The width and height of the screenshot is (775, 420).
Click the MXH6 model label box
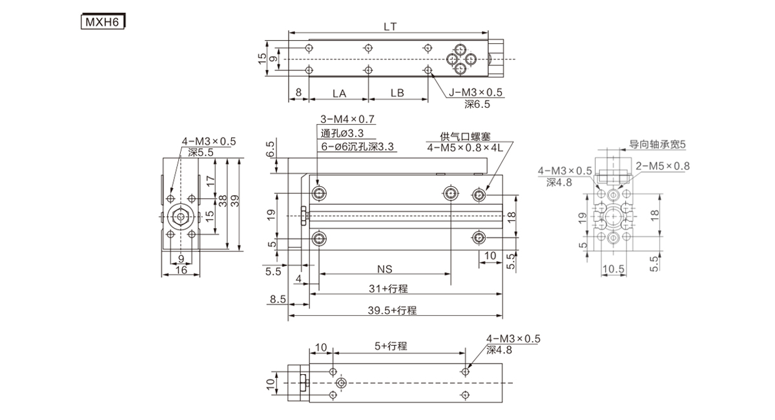(x=103, y=21)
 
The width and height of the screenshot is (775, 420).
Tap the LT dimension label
(x=390, y=26)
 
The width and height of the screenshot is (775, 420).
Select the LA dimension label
(x=339, y=94)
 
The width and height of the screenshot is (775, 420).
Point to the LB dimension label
(x=397, y=93)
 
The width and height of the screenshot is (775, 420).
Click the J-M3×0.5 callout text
(x=475, y=92)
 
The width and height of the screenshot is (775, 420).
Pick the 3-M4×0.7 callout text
(x=347, y=120)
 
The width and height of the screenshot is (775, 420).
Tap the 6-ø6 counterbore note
(x=357, y=147)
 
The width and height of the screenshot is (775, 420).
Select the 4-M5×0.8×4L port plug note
(x=464, y=148)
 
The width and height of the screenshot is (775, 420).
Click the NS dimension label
(x=385, y=269)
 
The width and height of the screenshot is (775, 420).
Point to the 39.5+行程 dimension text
(x=392, y=310)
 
